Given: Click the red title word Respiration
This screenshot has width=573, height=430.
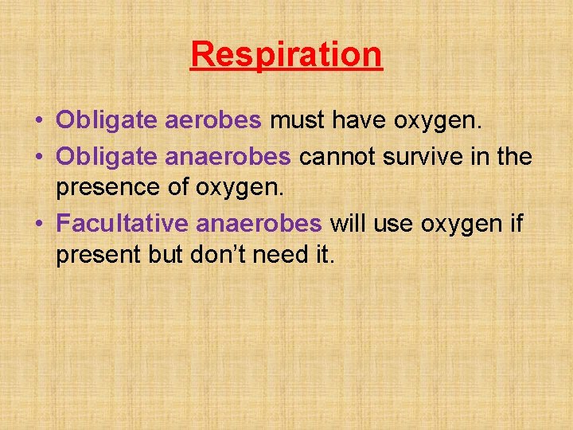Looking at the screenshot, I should (286, 55).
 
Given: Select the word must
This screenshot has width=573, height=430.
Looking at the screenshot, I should (296, 120).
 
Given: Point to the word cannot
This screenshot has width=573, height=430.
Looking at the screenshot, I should (338, 157).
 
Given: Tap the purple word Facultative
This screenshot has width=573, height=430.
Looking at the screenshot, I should (108, 224).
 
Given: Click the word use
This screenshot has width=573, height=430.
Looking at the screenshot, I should (392, 224).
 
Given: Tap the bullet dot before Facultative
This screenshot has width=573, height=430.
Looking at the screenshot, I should (38, 225).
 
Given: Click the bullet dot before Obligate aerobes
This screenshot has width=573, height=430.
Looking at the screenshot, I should (38, 121).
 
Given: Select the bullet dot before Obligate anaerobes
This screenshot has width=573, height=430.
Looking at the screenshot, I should (38, 158).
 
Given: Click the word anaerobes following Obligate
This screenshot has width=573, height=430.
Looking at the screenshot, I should (228, 157).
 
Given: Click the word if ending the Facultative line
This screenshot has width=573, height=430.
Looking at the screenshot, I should (516, 224).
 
